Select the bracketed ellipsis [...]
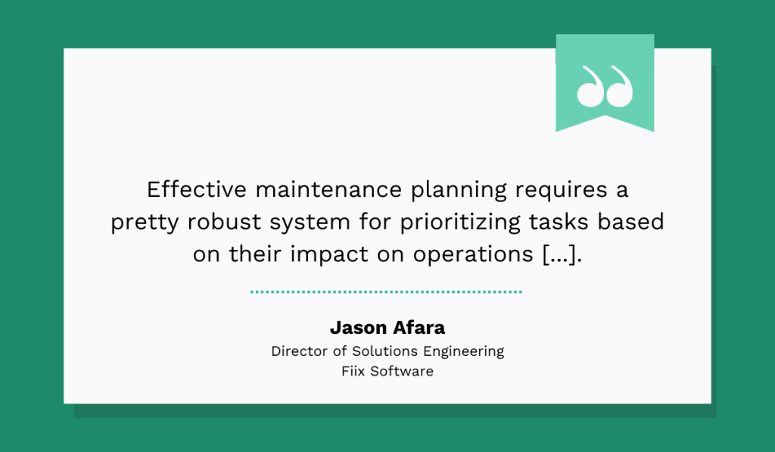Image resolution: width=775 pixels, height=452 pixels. point(562,255)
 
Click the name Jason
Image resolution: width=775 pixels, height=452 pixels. point(357,328)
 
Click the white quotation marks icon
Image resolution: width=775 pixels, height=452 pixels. point(604,86)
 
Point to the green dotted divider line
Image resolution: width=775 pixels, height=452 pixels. point(386,291)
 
